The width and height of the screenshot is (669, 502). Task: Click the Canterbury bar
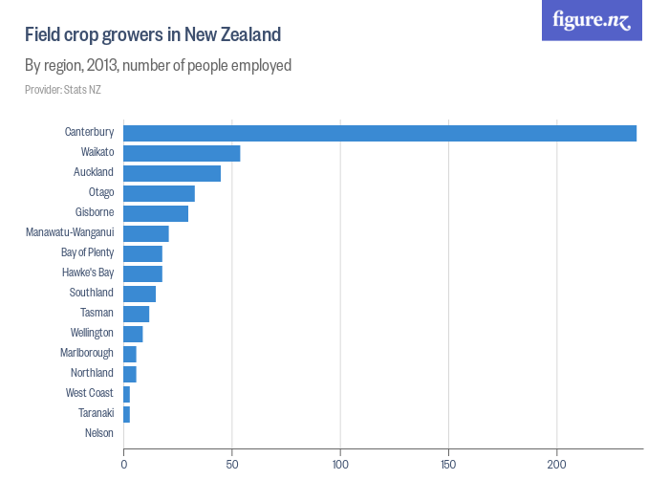tap(379, 133)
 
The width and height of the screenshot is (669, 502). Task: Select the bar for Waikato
tap(182, 153)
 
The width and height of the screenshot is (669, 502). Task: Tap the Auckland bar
tap(172, 173)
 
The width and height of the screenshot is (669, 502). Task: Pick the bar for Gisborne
tap(156, 213)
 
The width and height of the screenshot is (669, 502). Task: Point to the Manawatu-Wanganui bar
tap(146, 233)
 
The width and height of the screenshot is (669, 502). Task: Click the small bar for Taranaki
tap(126, 414)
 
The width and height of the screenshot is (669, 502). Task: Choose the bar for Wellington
tap(133, 334)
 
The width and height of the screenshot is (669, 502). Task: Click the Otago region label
tap(100, 193)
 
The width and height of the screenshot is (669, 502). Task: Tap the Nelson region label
tap(98, 433)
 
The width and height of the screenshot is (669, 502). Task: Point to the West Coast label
tap(89, 393)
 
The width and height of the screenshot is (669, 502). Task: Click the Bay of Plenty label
tap(87, 253)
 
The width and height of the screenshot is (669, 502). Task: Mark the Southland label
tap(91, 294)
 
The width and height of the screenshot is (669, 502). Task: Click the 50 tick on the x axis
tap(232, 465)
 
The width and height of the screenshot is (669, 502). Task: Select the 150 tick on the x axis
tap(448, 465)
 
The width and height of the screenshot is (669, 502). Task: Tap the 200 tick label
tap(556, 465)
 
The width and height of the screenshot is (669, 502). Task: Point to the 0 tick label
tap(124, 465)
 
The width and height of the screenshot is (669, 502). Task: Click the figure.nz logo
tap(592, 21)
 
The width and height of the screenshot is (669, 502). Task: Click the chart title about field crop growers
tap(153, 35)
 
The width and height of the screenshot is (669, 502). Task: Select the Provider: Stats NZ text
tap(63, 90)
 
